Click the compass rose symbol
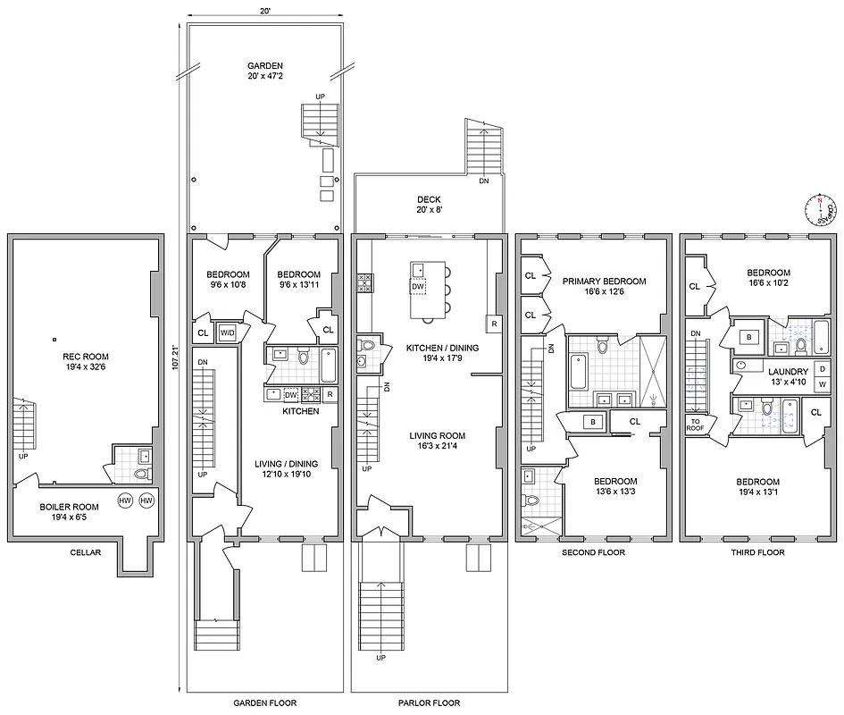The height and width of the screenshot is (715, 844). point(819,209)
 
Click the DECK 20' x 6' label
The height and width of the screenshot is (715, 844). point(428,205)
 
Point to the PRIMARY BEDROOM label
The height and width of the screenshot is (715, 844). point(604,287)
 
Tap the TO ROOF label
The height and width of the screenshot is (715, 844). point(695,425)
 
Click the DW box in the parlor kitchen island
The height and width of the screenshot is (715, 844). point(418,287)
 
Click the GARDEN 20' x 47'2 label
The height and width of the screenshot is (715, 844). point(265,71)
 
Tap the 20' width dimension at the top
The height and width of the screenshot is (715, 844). point(265,11)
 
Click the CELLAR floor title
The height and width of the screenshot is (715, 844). point(86,552)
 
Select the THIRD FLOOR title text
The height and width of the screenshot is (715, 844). point(758,552)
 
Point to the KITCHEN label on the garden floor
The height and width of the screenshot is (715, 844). point(301,412)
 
